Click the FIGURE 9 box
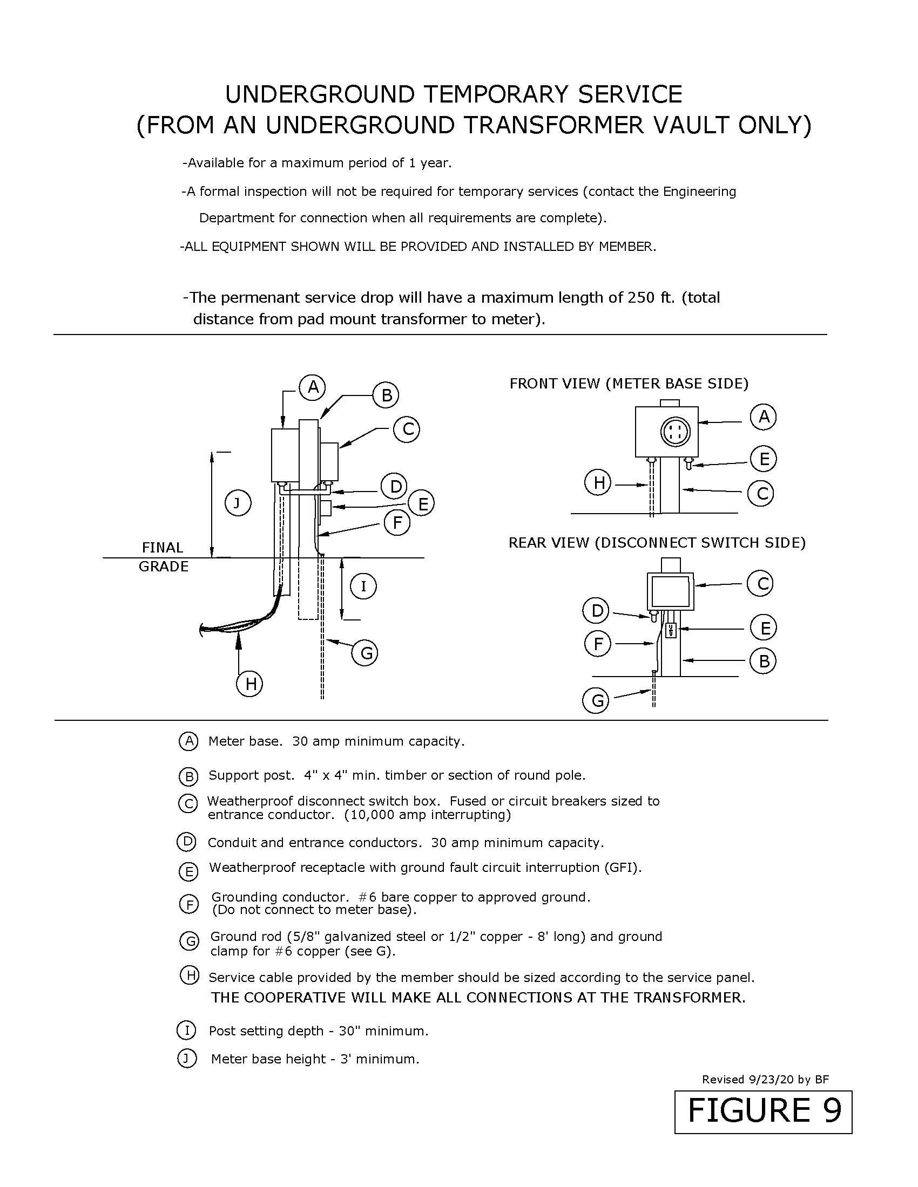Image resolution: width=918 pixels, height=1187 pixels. tap(763, 1111)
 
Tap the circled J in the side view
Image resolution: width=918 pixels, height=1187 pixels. tap(238, 503)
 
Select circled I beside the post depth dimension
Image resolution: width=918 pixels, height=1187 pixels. tap(363, 586)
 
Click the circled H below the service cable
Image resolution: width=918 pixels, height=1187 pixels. tap(249, 684)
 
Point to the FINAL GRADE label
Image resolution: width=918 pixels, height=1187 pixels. tap(163, 557)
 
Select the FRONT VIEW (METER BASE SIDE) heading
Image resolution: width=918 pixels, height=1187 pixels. tap(629, 384)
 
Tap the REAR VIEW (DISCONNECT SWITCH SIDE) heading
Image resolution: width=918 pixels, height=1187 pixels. tap(657, 542)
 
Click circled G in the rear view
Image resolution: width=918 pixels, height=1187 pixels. tap(597, 700)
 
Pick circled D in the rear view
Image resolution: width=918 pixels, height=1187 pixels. tap(597, 611)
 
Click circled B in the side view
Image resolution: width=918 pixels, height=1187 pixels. tap(386, 394)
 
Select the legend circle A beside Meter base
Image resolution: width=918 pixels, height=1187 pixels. tap(188, 741)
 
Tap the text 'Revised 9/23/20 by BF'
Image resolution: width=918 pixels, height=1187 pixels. tap(765, 1080)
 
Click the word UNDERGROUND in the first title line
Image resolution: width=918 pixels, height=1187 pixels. tap(320, 95)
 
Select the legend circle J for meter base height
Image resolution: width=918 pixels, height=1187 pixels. tap(186, 1059)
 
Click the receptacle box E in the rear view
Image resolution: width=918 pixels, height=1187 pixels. tap(671, 630)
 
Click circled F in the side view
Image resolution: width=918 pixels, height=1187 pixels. tap(397, 523)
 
